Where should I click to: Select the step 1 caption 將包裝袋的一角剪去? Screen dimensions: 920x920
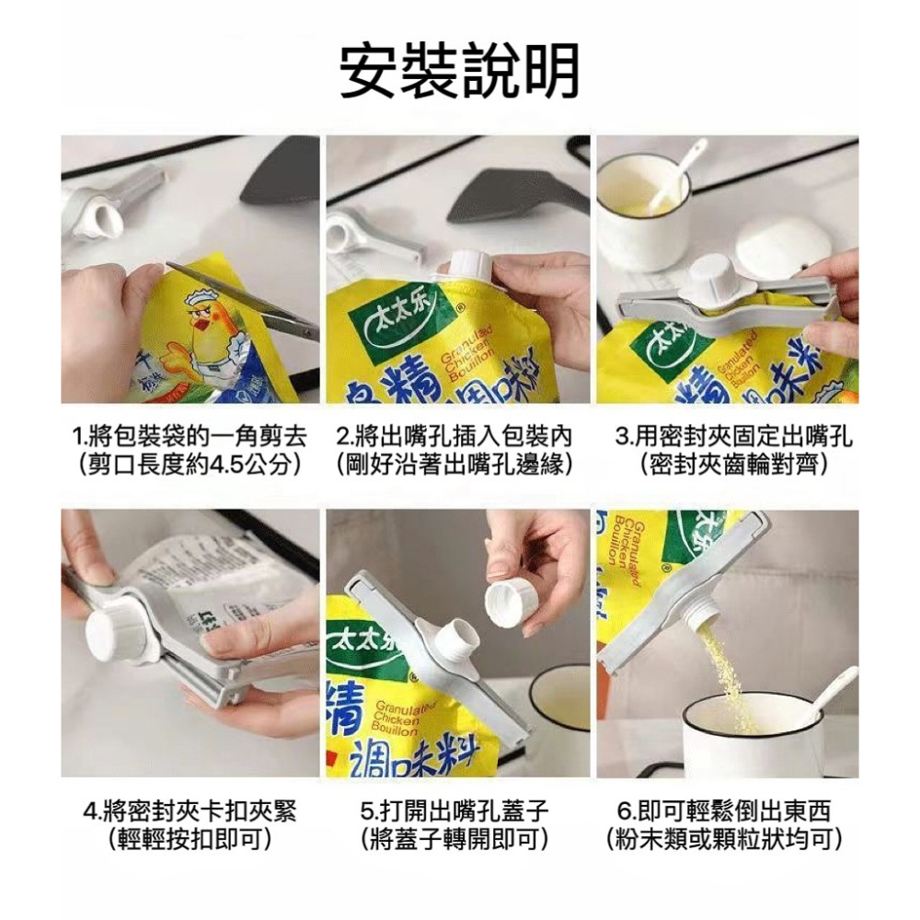(190, 436)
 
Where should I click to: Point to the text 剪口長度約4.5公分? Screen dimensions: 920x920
(190, 463)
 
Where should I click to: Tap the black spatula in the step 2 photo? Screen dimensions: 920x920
(515, 198)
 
